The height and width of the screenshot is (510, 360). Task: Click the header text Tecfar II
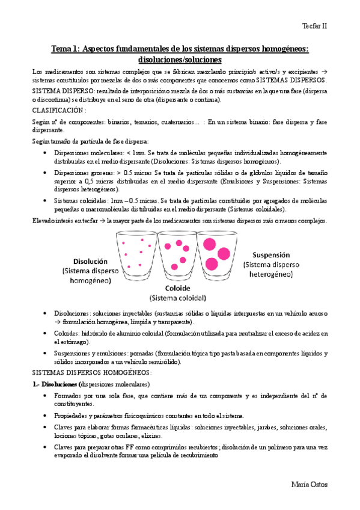314,26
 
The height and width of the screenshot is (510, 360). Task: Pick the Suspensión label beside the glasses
267,254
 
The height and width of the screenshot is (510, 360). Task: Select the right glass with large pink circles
215,253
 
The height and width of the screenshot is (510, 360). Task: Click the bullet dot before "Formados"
47,396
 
